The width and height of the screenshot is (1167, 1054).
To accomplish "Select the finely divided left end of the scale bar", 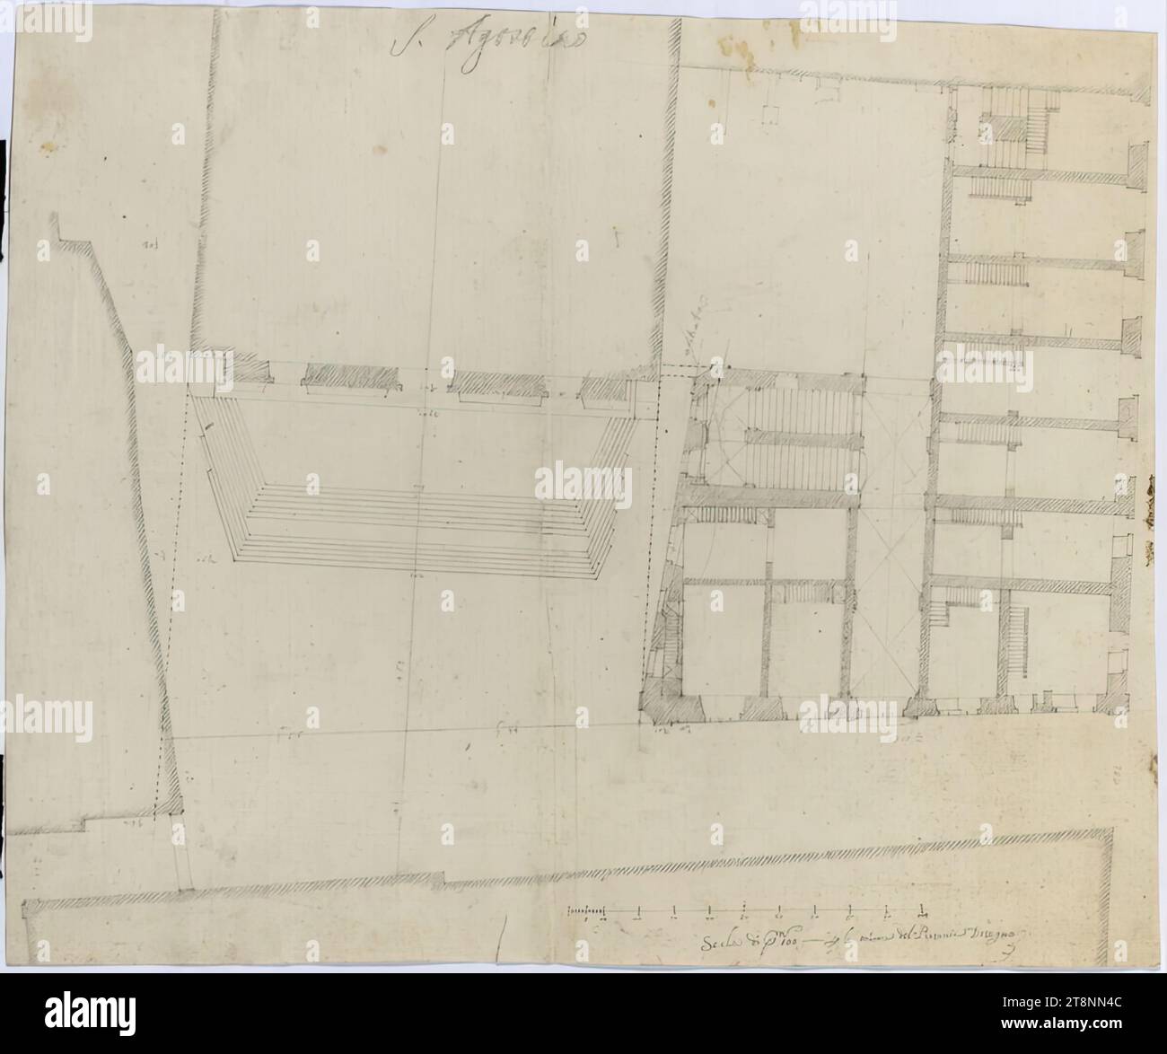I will [589, 912].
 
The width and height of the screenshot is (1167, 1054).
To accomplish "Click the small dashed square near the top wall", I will [769, 115].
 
